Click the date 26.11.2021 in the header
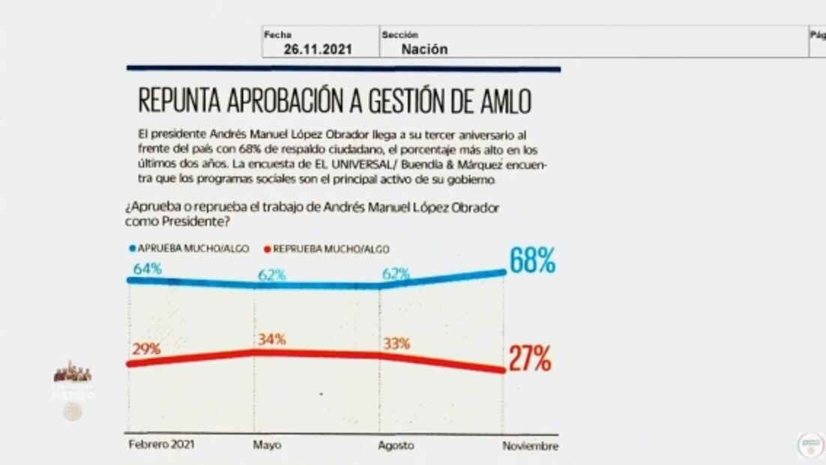[x=318, y=49]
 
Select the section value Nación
[x=424, y=49]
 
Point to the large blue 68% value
[x=532, y=261]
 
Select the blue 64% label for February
[x=148, y=268]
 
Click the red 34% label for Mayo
[x=271, y=339]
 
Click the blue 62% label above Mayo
[x=271, y=274]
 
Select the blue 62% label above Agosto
[x=395, y=274]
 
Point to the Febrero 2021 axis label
[x=161, y=445]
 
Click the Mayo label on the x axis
[x=268, y=445]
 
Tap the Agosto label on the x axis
[x=396, y=445]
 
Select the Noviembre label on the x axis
[x=530, y=445]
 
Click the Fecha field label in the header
[x=277, y=34]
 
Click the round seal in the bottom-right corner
[x=810, y=443]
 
